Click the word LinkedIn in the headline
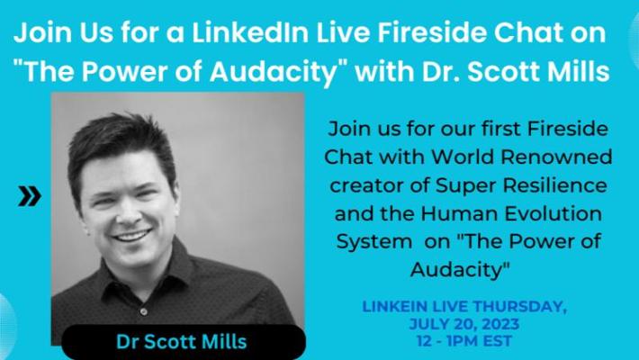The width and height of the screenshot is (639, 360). [x=250, y=32]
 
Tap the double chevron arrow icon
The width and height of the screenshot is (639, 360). [x=30, y=196]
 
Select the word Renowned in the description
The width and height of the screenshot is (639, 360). [x=556, y=157]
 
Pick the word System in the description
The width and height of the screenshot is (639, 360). [x=374, y=241]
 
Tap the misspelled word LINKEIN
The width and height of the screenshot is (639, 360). [x=394, y=307]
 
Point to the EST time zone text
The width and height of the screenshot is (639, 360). [x=497, y=341]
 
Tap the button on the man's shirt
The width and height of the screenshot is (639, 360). [x=143, y=311]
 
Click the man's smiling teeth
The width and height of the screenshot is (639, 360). [x=132, y=236]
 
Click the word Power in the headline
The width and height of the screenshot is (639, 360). [x=124, y=71]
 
